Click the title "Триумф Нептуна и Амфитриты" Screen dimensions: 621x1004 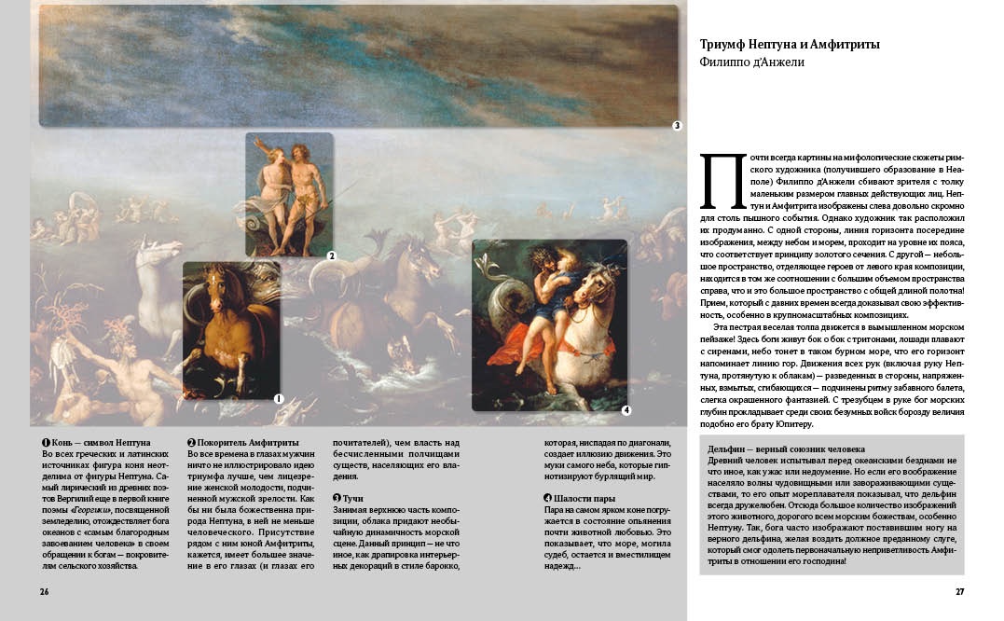point(790,45)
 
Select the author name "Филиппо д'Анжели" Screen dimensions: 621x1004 point(751,62)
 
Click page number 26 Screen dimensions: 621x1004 point(44,591)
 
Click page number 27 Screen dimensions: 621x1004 point(959,591)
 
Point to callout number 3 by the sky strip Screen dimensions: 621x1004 point(678,125)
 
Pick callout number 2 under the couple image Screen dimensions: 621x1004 point(331,255)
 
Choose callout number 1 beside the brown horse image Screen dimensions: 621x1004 point(278,398)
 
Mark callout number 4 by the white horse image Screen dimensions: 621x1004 point(626,409)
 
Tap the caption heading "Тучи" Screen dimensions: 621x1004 point(353,499)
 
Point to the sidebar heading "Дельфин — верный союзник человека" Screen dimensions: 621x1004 point(786,448)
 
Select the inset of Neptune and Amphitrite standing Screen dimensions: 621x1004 point(289,194)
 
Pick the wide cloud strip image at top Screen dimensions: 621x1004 point(358,65)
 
